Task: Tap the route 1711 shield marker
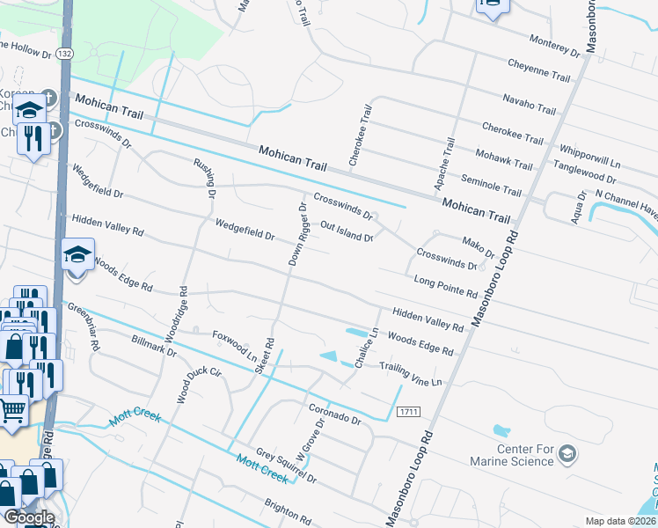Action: [x=407, y=412]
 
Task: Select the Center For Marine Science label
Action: [x=525, y=456]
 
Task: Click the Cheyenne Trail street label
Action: [x=539, y=70]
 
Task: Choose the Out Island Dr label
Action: [x=347, y=231]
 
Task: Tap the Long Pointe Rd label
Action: [x=445, y=285]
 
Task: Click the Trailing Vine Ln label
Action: [x=409, y=373]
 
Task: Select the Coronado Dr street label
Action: [x=335, y=414]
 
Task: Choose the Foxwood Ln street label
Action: [x=233, y=346]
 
